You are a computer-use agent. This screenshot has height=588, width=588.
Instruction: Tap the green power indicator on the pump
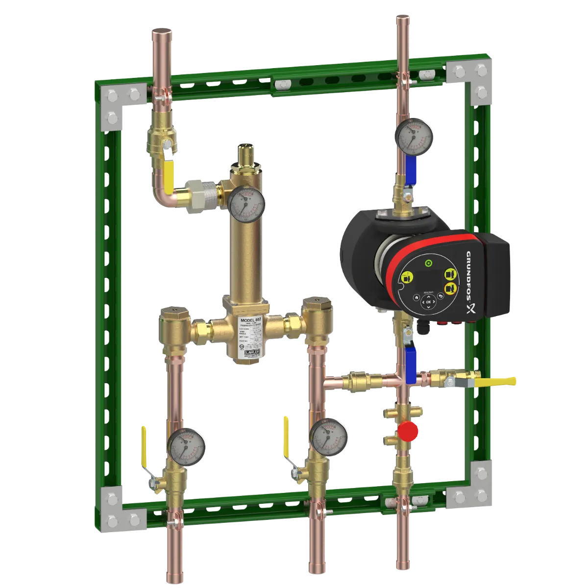(429, 263)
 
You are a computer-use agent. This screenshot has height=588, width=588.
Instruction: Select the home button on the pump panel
(416, 297)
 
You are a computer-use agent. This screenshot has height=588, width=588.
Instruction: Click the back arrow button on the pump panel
(440, 295)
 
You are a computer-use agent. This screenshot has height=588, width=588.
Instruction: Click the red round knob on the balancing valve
(408, 431)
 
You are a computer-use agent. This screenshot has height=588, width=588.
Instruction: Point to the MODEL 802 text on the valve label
(250, 319)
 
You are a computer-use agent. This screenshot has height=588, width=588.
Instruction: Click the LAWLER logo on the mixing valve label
(251, 359)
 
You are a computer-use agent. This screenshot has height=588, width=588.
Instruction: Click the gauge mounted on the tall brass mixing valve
(246, 202)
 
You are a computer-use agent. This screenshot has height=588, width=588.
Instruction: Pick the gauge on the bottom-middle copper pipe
(329, 435)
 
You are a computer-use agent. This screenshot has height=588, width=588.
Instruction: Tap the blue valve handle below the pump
(410, 359)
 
